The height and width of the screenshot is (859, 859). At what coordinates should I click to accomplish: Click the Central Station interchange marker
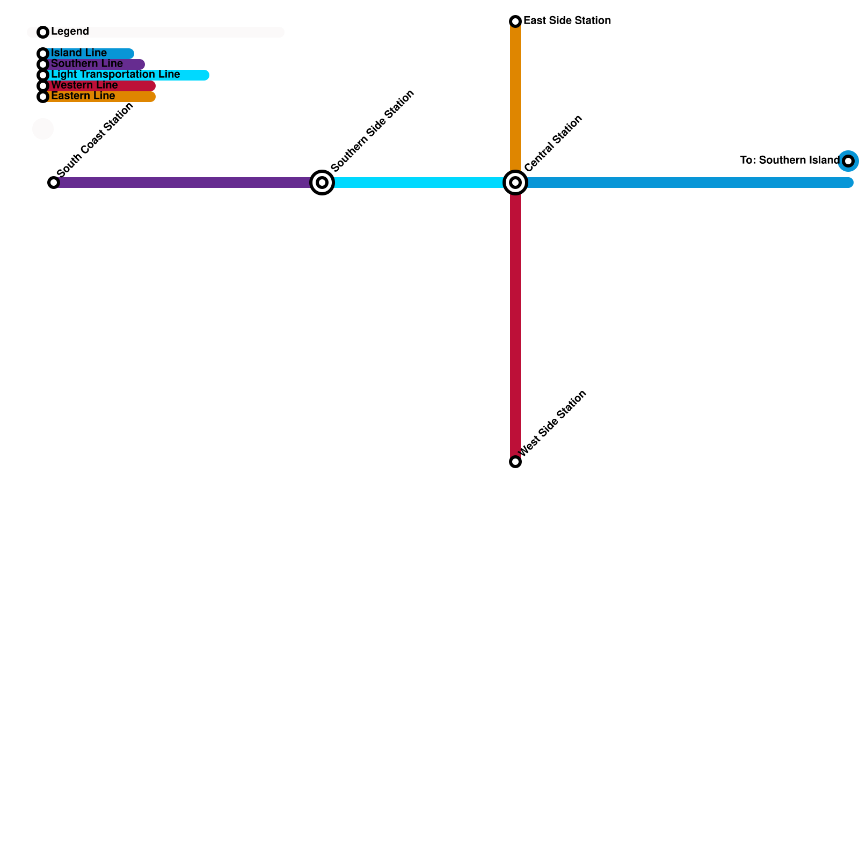coord(515,183)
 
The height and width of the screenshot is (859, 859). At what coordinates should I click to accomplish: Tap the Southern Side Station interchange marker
coord(322,183)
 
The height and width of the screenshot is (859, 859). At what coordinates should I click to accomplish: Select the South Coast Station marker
coord(54,183)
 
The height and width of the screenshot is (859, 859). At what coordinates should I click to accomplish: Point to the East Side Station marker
coord(515,21)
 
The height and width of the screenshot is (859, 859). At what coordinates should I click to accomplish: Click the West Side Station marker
coord(515,462)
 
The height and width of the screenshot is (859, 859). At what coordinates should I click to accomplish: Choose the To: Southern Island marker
coord(848,161)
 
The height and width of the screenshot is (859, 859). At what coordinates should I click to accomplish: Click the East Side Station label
coord(567,21)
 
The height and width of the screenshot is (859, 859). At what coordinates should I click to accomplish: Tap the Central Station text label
coord(553,143)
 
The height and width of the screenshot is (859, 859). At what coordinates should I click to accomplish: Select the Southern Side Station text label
coord(373,130)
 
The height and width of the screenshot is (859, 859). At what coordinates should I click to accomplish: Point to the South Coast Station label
coord(95,140)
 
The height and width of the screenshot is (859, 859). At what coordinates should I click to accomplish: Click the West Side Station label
coord(553,424)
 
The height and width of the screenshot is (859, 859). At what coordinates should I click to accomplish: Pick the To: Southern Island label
coord(789,161)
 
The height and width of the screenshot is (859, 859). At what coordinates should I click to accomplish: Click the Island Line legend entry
coord(79,53)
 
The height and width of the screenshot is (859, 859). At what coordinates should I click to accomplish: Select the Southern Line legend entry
coord(87,64)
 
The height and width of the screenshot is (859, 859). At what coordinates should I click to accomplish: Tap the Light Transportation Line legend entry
coord(115,75)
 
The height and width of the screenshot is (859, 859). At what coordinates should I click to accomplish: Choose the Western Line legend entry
coord(84,85)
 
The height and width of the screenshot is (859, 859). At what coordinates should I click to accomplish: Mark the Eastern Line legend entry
coord(83,96)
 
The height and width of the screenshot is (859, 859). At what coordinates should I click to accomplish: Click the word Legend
coord(70,32)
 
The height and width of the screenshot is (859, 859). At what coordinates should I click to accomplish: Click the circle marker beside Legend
coord(43,32)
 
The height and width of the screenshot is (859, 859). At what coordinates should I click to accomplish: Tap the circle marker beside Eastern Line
coord(43,97)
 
